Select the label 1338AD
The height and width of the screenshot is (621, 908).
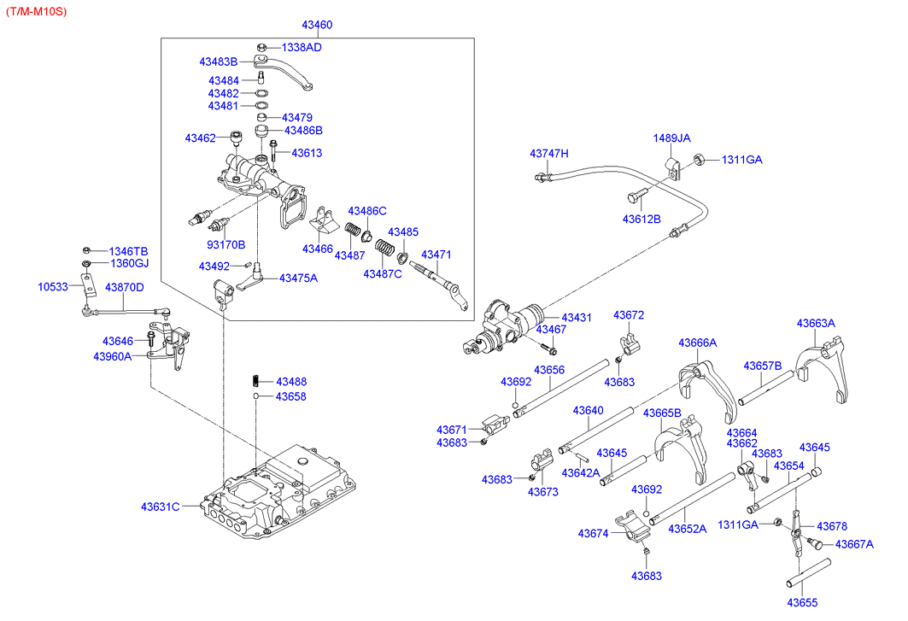(302, 47)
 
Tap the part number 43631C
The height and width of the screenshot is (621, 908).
(161, 507)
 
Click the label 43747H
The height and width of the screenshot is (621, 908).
(548, 154)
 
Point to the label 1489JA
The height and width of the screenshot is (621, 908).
(672, 138)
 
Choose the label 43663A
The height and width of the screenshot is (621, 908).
(816, 323)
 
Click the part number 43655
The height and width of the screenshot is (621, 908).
(803, 602)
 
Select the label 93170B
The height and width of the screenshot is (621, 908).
(226, 244)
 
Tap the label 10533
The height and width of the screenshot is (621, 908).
(54, 287)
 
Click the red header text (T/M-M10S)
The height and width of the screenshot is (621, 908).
(35, 10)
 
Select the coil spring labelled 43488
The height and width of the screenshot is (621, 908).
(255, 381)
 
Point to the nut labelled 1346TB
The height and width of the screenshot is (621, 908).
(87, 250)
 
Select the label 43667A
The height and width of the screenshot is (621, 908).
(854, 544)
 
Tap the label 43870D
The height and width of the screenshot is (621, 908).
(125, 287)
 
